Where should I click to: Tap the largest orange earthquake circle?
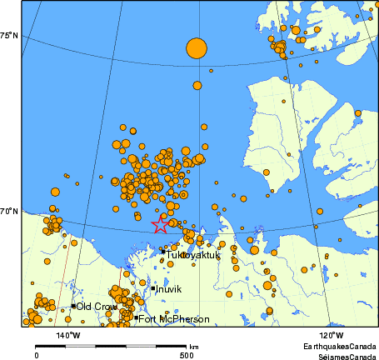click(x=196, y=48)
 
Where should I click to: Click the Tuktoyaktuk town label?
click(x=192, y=256)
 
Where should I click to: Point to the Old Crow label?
click(x=97, y=307)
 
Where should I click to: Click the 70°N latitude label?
click(x=10, y=212)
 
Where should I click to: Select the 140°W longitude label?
click(x=68, y=335)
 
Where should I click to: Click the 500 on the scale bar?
click(x=188, y=354)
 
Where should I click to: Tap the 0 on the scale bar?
click(x=36, y=354)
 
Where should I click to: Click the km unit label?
click(x=193, y=346)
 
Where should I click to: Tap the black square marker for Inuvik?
click(x=153, y=289)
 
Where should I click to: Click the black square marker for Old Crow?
click(x=73, y=306)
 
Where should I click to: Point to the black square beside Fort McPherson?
click(x=136, y=317)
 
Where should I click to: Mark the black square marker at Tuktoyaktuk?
click(x=163, y=251)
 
